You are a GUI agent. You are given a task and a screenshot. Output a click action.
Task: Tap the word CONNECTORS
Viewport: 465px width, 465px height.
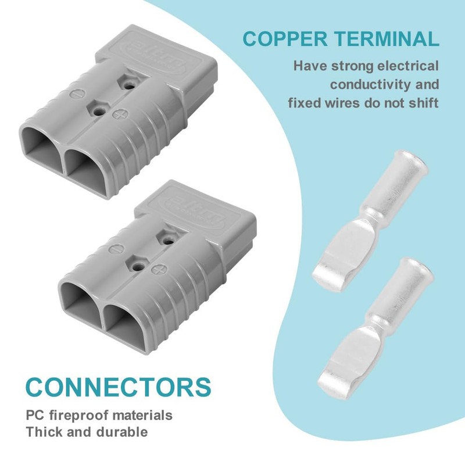118,385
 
